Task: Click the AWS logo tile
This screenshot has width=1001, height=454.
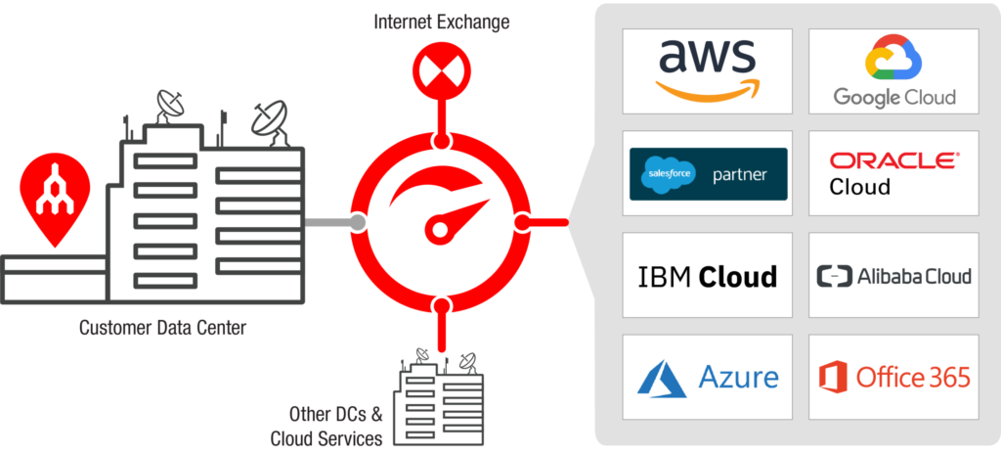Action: (706, 70)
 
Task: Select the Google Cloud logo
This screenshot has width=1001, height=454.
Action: (893, 70)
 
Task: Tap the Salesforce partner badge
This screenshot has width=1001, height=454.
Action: (708, 174)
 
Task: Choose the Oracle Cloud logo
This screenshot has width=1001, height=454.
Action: (893, 173)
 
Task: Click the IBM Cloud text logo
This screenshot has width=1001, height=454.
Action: (708, 276)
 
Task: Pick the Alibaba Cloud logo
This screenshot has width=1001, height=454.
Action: (893, 276)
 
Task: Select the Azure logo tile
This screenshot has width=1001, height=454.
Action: (708, 377)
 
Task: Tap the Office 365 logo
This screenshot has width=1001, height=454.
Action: (893, 377)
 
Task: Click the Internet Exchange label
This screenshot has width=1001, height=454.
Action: (442, 22)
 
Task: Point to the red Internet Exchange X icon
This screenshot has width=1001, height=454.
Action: (442, 69)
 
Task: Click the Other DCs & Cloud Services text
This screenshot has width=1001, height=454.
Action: (326, 426)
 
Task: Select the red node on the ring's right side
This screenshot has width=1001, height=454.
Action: (521, 223)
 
